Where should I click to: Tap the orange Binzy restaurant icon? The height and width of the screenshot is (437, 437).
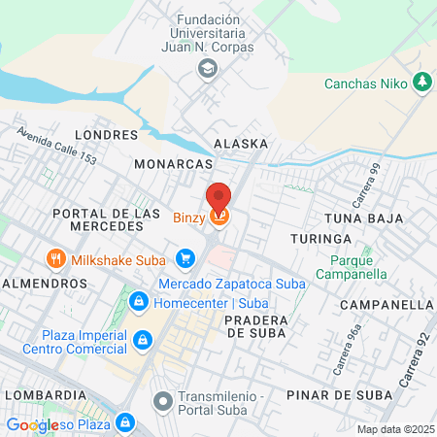pyautogui.click(x=219, y=218)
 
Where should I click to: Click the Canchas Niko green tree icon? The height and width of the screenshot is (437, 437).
pyautogui.click(x=421, y=83)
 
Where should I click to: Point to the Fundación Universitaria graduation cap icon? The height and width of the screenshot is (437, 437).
pyautogui.click(x=206, y=68)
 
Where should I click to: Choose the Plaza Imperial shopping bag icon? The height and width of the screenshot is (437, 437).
pyautogui.click(x=143, y=339)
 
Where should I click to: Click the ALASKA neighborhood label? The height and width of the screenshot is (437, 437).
pyautogui.click(x=240, y=144)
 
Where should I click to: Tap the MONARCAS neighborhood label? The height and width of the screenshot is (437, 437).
pyautogui.click(x=173, y=164)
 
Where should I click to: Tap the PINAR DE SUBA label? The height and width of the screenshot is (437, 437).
pyautogui.click(x=339, y=395)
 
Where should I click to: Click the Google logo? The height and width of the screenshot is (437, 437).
pyautogui.click(x=33, y=424)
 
